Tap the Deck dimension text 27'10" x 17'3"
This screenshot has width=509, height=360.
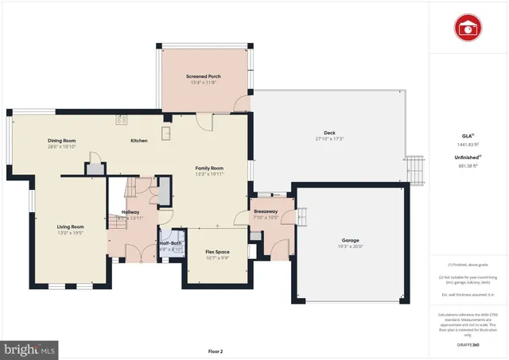328,139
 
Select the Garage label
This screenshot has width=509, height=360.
350,240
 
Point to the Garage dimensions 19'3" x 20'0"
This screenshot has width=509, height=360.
350,246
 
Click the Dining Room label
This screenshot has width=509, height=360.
61,141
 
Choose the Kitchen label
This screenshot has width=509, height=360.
139,141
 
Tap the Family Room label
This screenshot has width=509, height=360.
210,168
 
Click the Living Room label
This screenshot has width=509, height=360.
71,226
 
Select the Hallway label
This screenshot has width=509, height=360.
130,211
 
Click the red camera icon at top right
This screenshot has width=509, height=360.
468,28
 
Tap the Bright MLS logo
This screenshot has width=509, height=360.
30,348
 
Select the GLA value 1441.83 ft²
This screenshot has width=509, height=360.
467,144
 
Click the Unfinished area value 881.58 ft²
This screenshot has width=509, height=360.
467,166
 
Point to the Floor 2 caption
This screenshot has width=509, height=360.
216,350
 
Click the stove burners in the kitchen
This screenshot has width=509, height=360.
122,120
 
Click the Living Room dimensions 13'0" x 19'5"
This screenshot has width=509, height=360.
71,233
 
